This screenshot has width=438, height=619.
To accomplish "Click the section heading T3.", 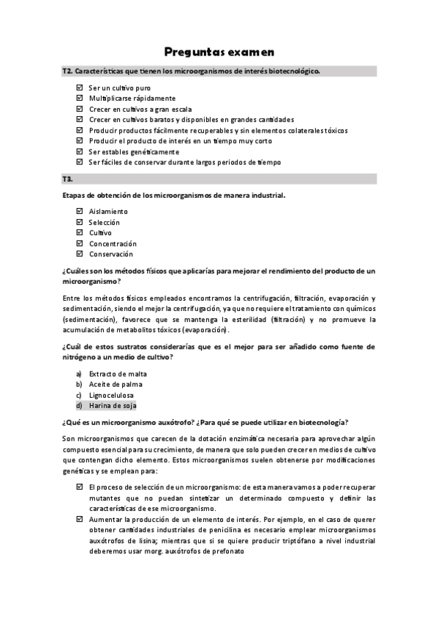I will tap(67, 179).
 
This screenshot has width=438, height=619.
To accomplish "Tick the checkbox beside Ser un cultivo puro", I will tap(80, 88).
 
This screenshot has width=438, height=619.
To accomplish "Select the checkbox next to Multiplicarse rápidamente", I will tap(80, 98).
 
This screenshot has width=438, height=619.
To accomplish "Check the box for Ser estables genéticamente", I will tap(80, 151).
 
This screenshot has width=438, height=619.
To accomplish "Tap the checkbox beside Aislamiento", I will tap(80, 211).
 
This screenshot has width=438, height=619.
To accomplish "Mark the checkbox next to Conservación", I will tap(80, 254).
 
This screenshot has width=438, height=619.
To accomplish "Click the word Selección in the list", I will tap(104, 222).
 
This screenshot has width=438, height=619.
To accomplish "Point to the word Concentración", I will tap(113, 244).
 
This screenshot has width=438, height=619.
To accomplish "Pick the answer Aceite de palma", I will tap(116, 384).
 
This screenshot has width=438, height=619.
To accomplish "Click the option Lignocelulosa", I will tap(111, 395).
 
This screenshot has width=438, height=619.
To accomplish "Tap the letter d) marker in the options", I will tap(79, 405).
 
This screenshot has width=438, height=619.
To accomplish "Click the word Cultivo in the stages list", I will tap(100, 233).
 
